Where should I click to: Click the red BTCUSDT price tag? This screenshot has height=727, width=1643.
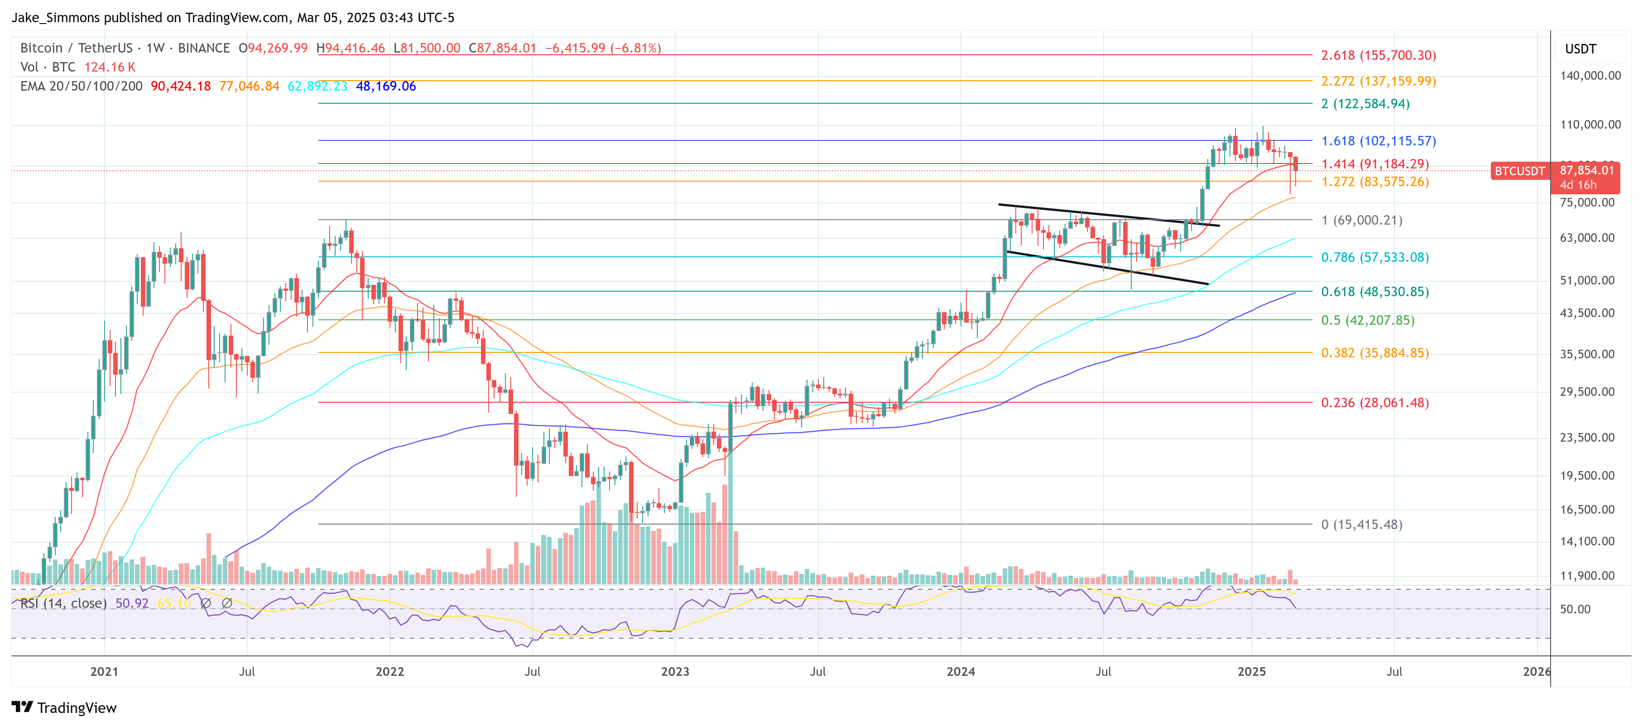pos(1519,171)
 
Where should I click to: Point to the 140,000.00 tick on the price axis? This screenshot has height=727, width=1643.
pos(1590,75)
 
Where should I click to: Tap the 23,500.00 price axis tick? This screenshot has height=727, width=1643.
pos(1587,438)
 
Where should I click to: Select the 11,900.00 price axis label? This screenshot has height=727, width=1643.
pos(1587,575)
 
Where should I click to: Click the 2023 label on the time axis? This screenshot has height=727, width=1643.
pos(675,672)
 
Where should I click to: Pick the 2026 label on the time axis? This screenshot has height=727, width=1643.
pos(1536,672)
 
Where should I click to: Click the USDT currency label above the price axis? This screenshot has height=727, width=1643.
pos(1580,49)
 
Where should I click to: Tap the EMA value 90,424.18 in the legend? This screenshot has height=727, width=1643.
pos(181,86)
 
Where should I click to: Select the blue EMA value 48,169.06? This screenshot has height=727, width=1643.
pos(385,86)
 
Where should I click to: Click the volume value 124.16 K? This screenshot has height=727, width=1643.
pos(110,67)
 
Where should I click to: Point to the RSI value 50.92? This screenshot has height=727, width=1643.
pos(131,603)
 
